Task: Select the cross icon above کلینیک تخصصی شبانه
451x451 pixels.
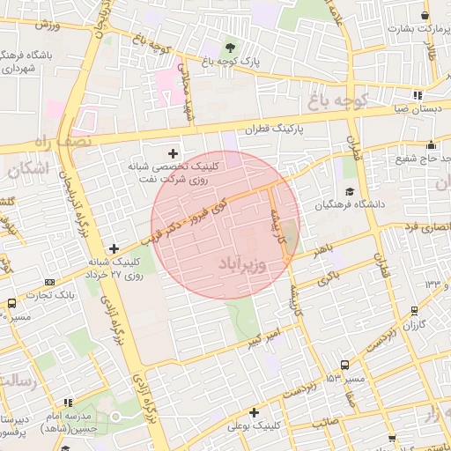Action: pyautogui.click(x=183, y=153)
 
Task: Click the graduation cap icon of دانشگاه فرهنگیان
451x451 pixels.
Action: pyautogui.click(x=350, y=192)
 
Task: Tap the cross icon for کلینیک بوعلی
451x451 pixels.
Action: pyautogui.click(x=254, y=412)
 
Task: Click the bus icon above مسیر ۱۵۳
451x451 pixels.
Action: pyautogui.click(x=344, y=365)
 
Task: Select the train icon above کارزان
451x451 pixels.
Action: pyautogui.click(x=414, y=312)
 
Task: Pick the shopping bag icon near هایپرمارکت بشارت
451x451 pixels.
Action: pyautogui.click(x=425, y=15)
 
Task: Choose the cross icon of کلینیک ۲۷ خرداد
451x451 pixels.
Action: pyautogui.click(x=113, y=249)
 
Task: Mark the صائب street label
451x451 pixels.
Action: pyautogui.click(x=324, y=423)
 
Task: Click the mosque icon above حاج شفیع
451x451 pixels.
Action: pyautogui.click(x=431, y=145)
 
